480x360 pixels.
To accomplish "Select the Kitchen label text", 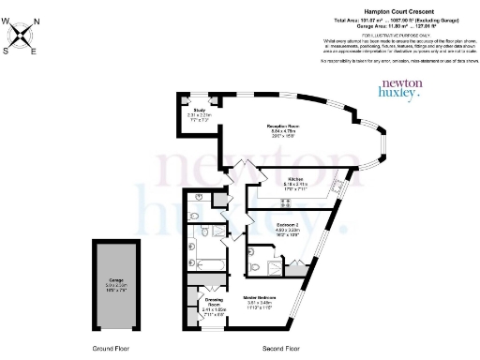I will click(295, 181).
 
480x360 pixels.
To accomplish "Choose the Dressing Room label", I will click(214, 302).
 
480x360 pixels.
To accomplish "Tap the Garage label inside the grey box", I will click(115, 281).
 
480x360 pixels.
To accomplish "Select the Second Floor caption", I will click(281, 347).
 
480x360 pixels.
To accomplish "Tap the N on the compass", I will click(37, 21).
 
